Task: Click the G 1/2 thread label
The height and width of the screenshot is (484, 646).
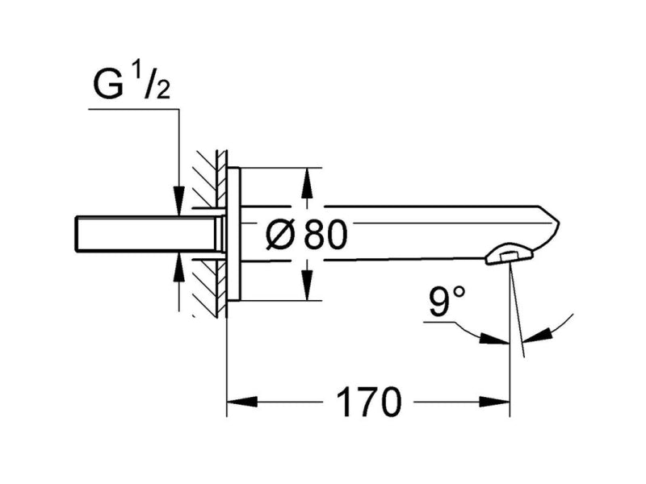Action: pos(132,84)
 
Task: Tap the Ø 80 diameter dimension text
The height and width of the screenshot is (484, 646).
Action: pos(307,235)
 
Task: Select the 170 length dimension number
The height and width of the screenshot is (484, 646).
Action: pos(369,402)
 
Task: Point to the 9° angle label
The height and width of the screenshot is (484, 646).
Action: pos(447,301)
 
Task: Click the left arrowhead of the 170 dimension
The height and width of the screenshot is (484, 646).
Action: pos(242,402)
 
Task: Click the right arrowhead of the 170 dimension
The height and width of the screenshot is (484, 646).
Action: pos(494,402)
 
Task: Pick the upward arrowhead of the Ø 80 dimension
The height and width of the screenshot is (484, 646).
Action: pos(306,184)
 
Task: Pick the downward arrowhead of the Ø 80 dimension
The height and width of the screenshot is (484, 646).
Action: pos(306,285)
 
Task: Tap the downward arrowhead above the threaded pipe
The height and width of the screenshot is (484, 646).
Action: pos(178,200)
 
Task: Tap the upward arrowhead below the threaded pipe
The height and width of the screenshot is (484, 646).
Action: pos(178,267)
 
